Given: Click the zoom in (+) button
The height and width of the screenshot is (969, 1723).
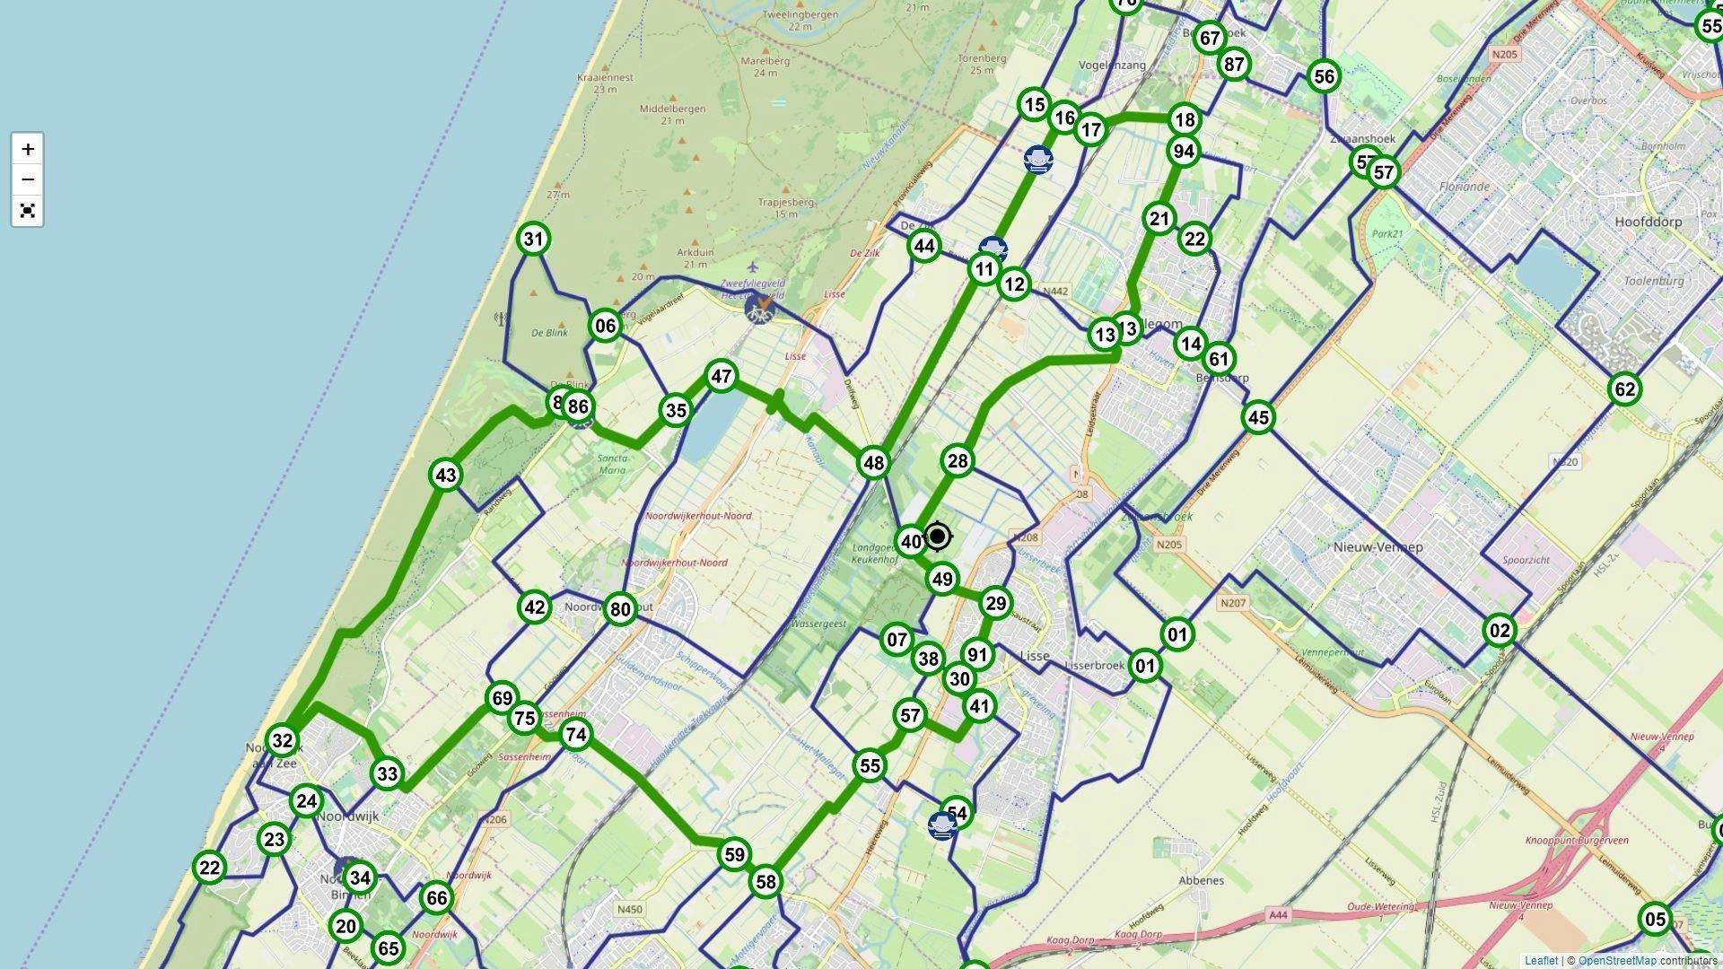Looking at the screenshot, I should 28,149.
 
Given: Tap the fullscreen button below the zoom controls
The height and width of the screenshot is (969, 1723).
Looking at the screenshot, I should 28,211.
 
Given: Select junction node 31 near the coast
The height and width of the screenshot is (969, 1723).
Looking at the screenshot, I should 533,240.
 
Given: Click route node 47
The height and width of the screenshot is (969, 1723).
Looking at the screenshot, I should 722,377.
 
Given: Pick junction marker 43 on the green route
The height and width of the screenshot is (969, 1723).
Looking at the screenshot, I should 446,476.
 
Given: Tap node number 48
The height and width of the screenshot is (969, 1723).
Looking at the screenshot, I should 873,463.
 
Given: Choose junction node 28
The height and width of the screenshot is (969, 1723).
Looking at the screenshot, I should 958,461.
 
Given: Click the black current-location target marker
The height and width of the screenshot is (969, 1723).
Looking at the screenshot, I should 938,537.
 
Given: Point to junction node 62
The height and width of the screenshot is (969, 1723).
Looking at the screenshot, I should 1624,389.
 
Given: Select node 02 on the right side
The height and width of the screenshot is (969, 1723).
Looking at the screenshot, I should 1500,631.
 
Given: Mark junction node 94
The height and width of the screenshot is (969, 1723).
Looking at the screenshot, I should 1184,152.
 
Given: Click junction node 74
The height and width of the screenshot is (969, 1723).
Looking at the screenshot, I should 575,735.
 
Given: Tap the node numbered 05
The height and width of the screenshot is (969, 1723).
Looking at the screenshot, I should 1655,919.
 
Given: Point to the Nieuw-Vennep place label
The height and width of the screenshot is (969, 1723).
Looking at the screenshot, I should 1378,546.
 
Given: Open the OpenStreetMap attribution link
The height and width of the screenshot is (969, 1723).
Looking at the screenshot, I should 1617,961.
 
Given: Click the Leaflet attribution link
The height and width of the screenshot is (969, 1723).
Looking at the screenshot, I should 1541,961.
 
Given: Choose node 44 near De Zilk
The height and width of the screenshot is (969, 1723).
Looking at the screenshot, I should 923,246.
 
